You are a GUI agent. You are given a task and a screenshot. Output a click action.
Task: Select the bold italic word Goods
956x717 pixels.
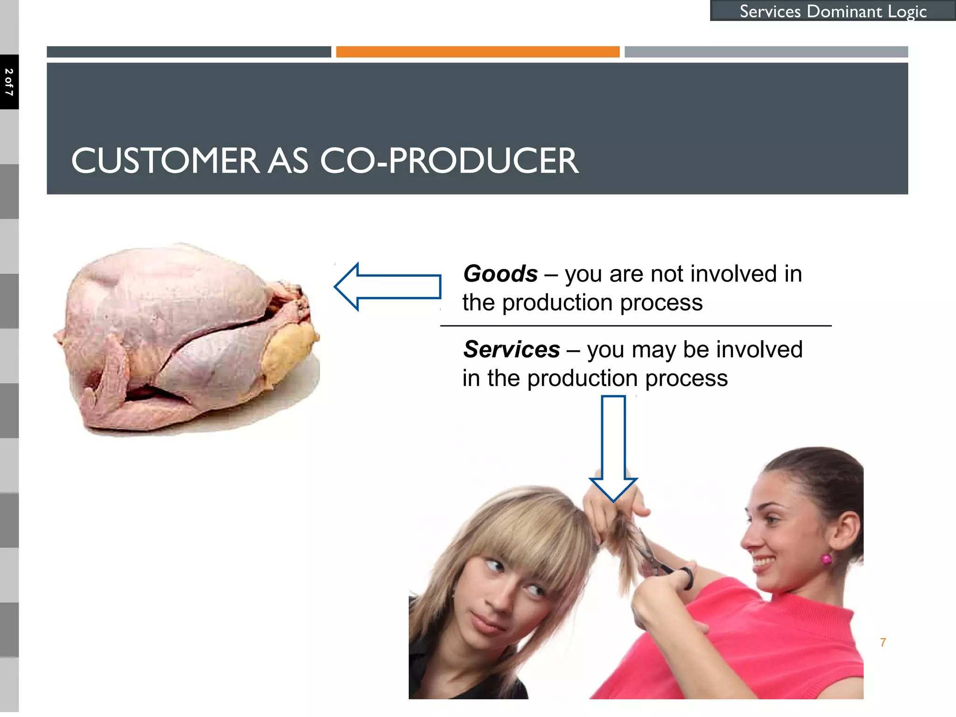pyautogui.click(x=500, y=274)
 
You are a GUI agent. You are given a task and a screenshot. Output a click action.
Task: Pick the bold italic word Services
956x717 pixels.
pyautogui.click(x=512, y=350)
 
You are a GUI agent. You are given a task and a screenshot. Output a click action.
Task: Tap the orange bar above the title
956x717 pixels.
pyautogui.click(x=478, y=52)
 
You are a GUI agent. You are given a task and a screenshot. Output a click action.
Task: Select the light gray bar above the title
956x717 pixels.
pyautogui.click(x=766, y=52)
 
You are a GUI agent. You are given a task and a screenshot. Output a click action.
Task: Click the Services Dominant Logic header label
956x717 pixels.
pyautogui.click(x=833, y=11)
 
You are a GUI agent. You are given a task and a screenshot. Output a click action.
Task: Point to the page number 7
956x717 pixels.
pyautogui.click(x=883, y=643)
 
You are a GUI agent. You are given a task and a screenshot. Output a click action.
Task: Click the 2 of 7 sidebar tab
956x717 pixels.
pyautogui.click(x=9, y=82)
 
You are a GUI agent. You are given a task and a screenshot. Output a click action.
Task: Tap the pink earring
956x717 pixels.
pyautogui.click(x=826, y=559)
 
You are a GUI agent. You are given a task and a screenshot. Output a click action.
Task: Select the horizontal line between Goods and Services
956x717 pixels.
pyautogui.click(x=636, y=326)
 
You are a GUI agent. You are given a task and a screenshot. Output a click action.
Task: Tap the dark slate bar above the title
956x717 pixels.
pyautogui.click(x=189, y=52)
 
